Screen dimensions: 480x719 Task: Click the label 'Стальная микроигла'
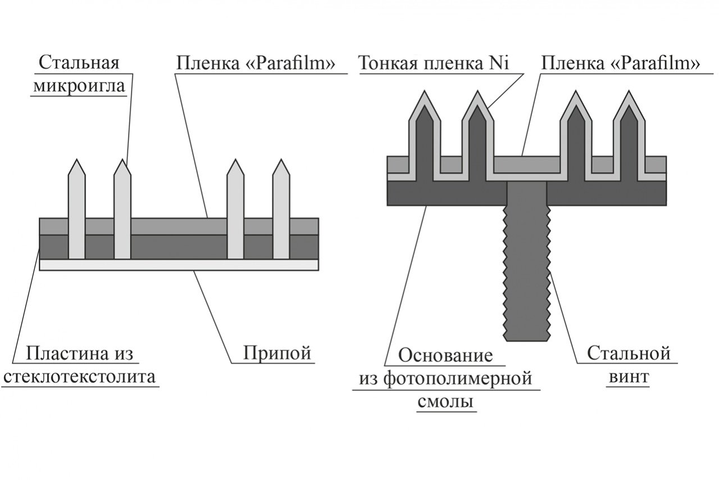tap(79, 74)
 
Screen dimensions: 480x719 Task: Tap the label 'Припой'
tap(277, 354)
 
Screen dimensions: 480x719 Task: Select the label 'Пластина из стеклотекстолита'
tap(79, 365)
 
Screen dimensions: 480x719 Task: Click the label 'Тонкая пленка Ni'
tap(433, 63)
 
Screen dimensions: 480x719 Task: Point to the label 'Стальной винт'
tap(630, 365)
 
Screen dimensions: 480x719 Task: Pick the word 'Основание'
tap(445, 356)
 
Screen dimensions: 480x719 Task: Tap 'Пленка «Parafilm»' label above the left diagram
tap(256, 63)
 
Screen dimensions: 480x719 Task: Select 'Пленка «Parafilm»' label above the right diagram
tap(620, 63)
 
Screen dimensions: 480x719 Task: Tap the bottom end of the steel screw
tap(527, 339)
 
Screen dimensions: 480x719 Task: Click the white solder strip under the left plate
tap(179, 265)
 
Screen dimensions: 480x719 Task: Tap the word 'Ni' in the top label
tap(499, 63)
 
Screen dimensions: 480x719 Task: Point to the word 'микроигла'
tap(79, 85)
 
